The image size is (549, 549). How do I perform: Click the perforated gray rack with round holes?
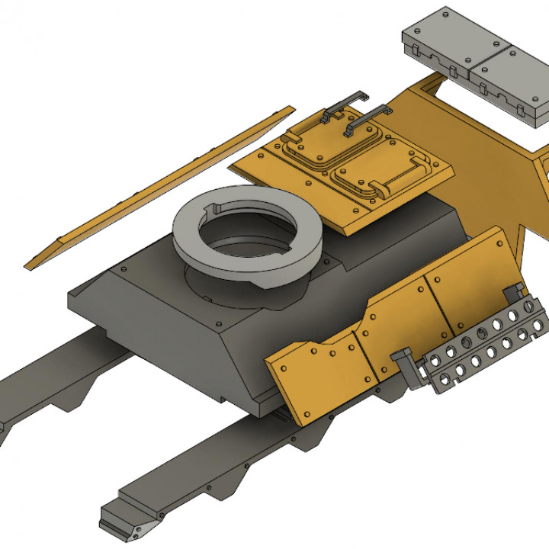488,343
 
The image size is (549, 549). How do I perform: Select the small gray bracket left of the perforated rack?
408,366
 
